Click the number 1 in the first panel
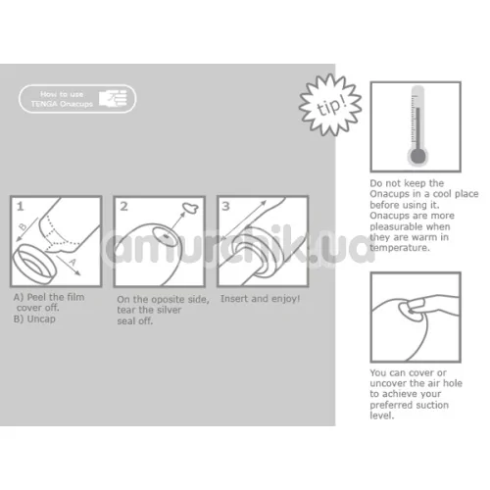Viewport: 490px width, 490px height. [x=21, y=206]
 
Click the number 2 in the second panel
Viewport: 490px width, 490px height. [x=123, y=206]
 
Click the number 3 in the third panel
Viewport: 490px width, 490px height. [x=226, y=206]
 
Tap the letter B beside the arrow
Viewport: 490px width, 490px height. [x=23, y=226]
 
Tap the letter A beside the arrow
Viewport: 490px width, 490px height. [x=73, y=262]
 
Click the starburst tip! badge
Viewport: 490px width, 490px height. [x=330, y=105]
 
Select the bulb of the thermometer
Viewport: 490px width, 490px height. [x=417, y=156]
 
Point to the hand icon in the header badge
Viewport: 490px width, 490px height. [x=113, y=98]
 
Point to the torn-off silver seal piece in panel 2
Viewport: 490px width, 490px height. [x=190, y=208]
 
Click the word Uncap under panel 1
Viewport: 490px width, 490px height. [x=41, y=318]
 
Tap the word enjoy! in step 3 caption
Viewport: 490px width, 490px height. [x=285, y=299]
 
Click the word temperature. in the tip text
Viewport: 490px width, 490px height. [x=400, y=248]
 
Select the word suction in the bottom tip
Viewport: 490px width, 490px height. [x=432, y=405]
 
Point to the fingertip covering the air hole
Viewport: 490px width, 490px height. [x=415, y=306]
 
